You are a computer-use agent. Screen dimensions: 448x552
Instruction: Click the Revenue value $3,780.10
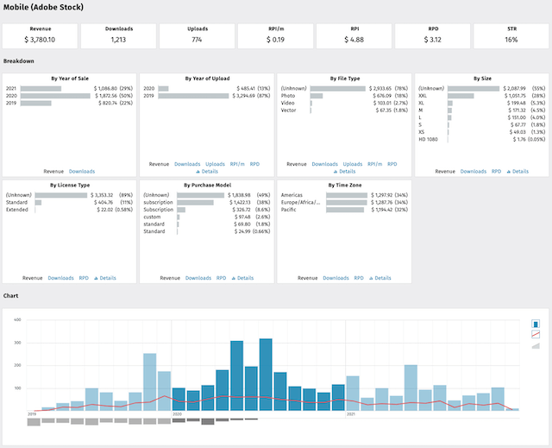[x=40, y=39]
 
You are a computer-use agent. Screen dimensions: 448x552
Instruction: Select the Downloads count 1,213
[x=118, y=39]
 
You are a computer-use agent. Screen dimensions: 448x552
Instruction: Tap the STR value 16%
[x=511, y=39]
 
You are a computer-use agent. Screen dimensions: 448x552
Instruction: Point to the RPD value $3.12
[x=432, y=39]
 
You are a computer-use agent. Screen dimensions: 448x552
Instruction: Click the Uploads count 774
[x=197, y=39]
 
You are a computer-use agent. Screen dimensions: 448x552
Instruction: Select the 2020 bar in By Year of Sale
[x=55, y=96]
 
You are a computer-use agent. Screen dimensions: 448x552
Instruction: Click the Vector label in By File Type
[x=289, y=110]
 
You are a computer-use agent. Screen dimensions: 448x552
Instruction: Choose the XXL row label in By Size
[x=423, y=96]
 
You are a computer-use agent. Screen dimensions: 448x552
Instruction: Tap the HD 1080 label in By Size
[x=428, y=140]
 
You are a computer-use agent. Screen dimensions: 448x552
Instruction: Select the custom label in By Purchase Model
[x=153, y=217]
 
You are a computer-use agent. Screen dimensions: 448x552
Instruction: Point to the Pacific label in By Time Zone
[x=291, y=209]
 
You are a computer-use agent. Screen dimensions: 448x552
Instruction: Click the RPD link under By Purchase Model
[x=222, y=278]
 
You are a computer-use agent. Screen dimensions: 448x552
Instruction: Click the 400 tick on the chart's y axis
[x=16, y=319]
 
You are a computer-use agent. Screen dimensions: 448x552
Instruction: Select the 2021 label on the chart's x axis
[x=351, y=414]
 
